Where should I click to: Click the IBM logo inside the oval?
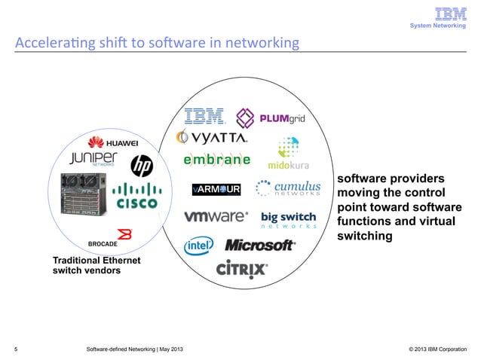(x=205, y=117)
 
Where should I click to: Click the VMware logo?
(x=216, y=216)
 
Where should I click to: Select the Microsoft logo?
(x=259, y=246)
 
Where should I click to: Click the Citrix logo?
(x=241, y=269)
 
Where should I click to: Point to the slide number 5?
(x=17, y=348)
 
